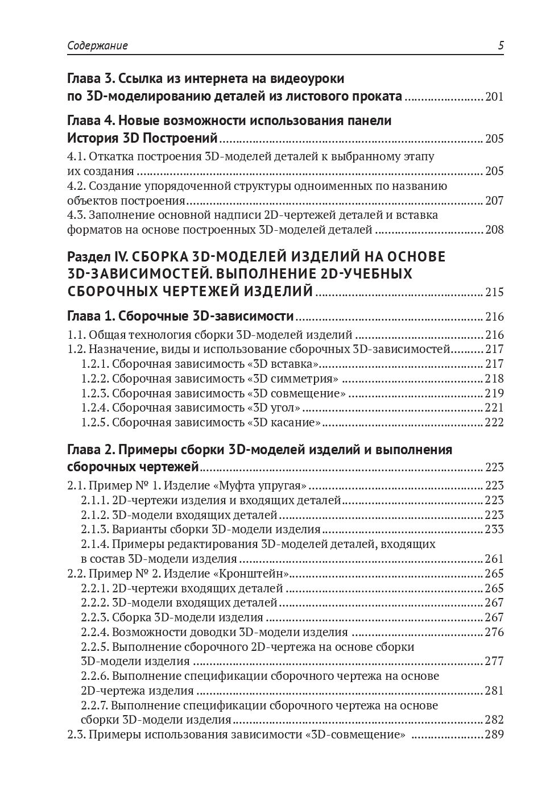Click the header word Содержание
pos(97,46)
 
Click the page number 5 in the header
pos(501,46)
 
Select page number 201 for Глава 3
pos(494,97)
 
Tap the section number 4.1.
pos(77,156)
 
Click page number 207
pos(494,201)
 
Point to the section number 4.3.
pos(77,215)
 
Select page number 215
pos(494,293)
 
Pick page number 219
pos(494,393)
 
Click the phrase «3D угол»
pos(274,408)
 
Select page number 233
pos(494,529)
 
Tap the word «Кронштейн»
pos(259,574)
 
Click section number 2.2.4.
pos(94,632)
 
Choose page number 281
pos(494,691)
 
